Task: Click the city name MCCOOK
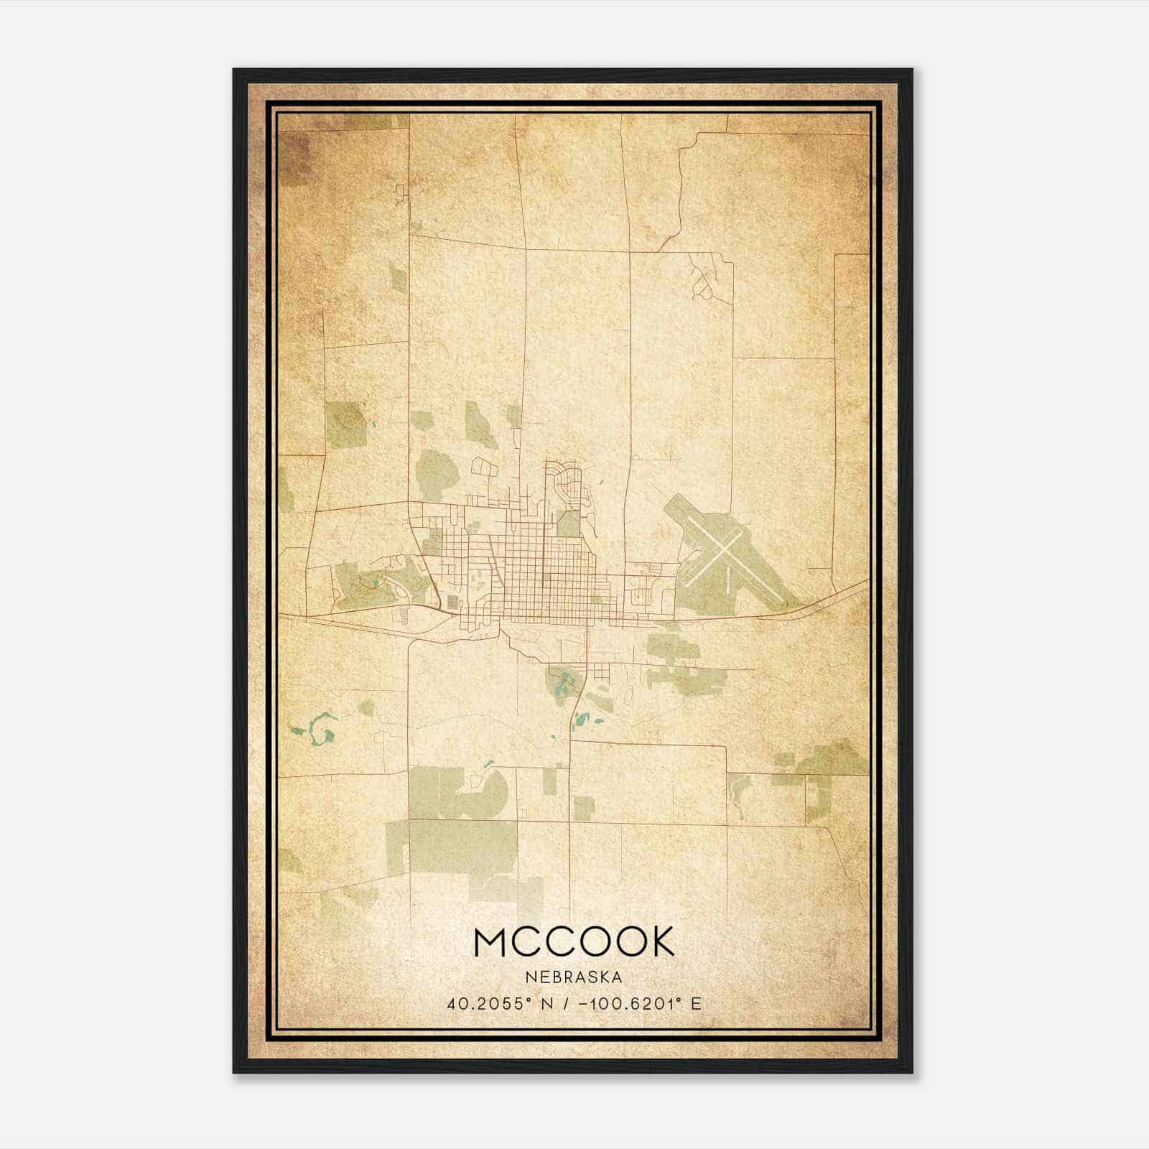click(574, 941)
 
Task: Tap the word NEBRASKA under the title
click(574, 977)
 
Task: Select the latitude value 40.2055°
click(493, 1003)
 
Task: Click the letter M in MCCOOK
click(492, 941)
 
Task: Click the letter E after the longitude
click(695, 1003)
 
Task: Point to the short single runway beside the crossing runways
click(727, 579)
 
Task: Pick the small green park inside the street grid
click(569, 524)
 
